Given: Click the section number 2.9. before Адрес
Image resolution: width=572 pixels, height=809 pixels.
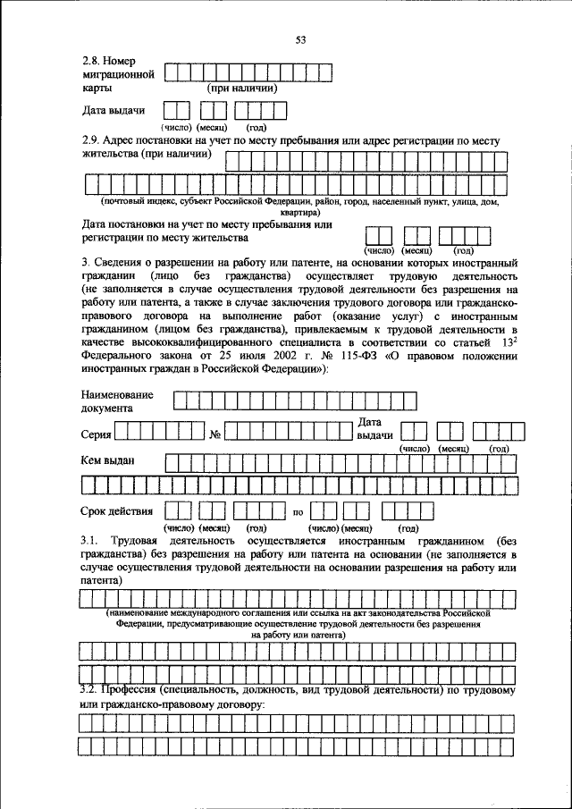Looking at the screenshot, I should pos(90,140).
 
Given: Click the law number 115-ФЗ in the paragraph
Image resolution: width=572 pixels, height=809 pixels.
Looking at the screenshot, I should pos(349,356).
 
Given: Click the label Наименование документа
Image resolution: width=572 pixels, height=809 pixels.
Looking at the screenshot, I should pos(116,400).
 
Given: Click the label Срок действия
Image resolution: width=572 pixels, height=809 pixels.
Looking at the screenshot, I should pos(116,511).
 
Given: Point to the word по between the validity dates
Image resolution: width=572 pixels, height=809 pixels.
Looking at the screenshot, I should pos(299,512).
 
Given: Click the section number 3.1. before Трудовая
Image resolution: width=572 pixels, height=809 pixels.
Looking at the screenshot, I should pos(90,542).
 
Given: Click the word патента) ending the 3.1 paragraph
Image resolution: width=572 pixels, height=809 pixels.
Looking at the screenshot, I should pos(101,580).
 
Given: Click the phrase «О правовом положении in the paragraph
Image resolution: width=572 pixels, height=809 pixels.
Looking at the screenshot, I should pos(450,356).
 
